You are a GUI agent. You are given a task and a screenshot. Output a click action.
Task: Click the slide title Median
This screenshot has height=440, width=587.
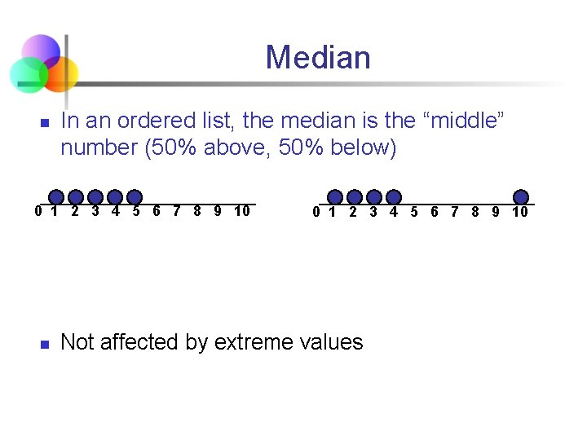click(x=317, y=58)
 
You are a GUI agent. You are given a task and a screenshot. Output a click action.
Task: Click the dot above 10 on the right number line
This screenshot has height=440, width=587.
click(x=521, y=197)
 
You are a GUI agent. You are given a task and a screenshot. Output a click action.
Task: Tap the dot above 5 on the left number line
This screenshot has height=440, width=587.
click(x=135, y=197)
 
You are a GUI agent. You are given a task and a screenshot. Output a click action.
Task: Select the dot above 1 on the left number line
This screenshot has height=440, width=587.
click(x=56, y=197)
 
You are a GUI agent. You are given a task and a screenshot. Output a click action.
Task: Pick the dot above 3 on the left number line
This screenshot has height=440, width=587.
click(x=95, y=197)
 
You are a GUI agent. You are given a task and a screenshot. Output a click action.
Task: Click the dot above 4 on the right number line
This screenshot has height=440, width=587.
click(x=394, y=197)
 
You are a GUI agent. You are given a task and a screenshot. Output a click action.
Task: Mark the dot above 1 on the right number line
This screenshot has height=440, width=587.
click(x=335, y=197)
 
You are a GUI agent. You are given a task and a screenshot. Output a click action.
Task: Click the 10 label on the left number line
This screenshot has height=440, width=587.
click(x=241, y=212)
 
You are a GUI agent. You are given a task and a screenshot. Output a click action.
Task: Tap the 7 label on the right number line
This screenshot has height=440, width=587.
click(x=454, y=213)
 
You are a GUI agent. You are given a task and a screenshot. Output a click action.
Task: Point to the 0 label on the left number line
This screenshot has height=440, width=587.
click(x=38, y=212)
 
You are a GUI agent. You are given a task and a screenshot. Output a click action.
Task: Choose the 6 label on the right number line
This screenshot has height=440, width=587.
click(x=434, y=213)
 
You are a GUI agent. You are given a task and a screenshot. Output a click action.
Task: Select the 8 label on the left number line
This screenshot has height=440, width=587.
click(x=197, y=212)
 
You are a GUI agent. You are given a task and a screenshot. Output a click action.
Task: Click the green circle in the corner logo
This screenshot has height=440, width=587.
click(x=27, y=75)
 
